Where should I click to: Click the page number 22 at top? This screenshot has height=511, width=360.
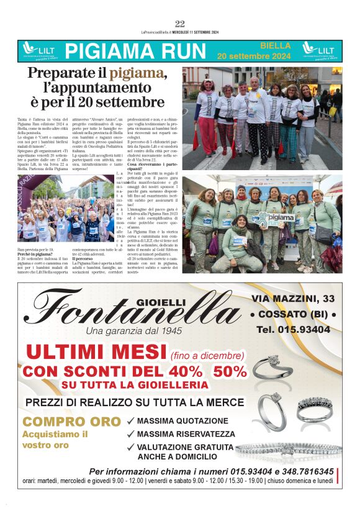tap(180, 24)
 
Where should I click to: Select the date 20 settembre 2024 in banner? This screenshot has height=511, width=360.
tap(253, 56)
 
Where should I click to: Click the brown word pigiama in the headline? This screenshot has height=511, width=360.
tap(137, 73)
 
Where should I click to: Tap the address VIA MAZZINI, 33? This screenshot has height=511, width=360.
tap(294, 299)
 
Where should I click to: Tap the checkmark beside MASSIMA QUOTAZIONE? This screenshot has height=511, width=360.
tap(130, 421)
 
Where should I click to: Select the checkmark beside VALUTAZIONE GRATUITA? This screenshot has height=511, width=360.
tap(130, 447)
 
